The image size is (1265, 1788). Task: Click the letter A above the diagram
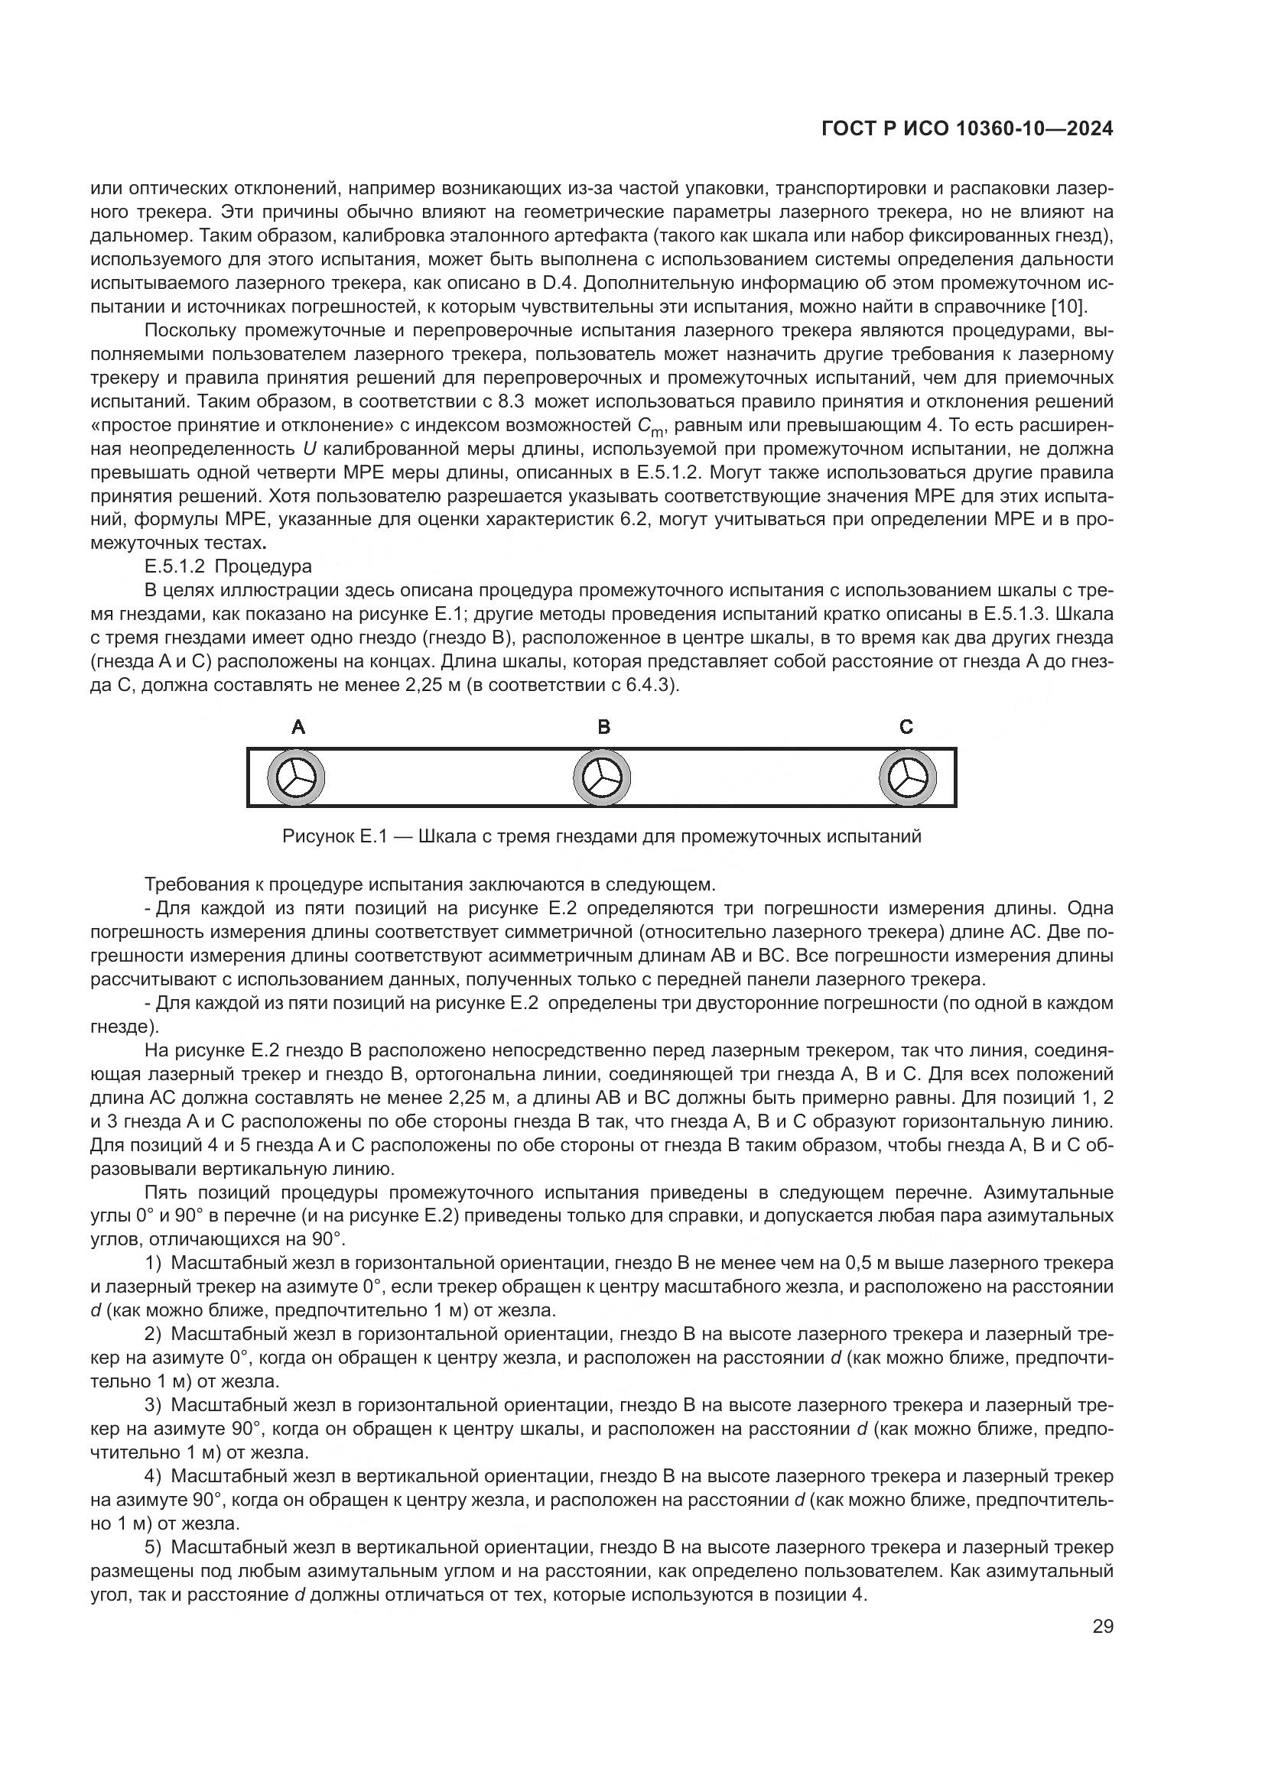pos(298,727)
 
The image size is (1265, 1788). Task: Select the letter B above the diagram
pos(603,727)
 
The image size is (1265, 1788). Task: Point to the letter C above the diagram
pos(906,727)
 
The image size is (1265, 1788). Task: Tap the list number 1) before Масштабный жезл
pos(154,1262)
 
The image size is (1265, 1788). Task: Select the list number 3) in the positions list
pos(154,1405)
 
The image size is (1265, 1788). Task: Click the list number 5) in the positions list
pos(154,1546)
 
